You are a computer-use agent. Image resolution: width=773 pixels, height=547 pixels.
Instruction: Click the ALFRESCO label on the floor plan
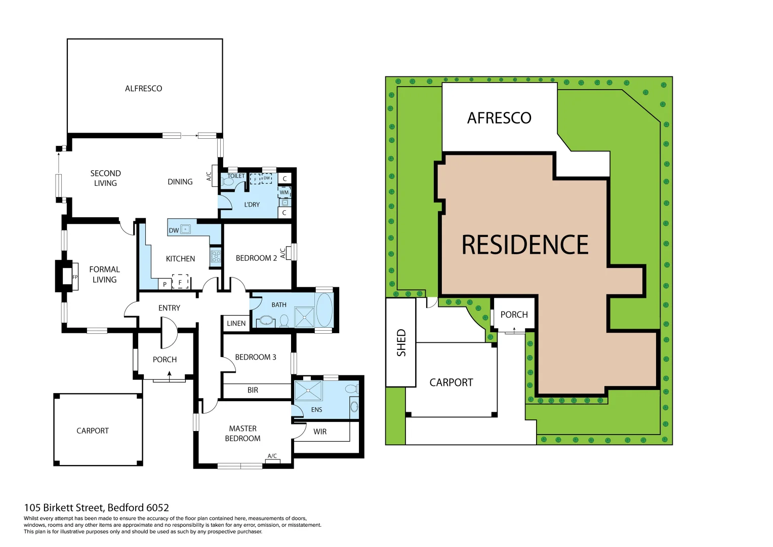(143, 89)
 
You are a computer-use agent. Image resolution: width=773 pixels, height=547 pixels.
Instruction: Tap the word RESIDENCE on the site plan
(525, 245)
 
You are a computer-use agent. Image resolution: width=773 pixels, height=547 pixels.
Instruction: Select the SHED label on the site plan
(401, 343)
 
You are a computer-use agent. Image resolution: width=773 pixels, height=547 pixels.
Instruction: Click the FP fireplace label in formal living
(75, 277)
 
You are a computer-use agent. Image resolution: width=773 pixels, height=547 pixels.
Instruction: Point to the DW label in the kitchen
(174, 230)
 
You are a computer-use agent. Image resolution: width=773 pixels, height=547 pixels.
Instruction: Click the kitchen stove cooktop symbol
(216, 256)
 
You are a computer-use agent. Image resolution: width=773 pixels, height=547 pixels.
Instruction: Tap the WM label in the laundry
(284, 192)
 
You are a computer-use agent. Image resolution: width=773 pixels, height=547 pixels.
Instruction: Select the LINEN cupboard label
(236, 324)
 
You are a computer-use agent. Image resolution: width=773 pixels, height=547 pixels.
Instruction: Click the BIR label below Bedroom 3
(253, 390)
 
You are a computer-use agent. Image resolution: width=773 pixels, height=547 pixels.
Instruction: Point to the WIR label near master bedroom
(320, 432)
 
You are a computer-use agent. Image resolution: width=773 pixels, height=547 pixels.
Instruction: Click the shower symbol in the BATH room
(304, 317)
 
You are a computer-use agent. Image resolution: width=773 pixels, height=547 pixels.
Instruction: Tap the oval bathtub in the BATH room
(324, 309)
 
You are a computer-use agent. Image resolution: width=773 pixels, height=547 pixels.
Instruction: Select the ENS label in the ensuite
(316, 410)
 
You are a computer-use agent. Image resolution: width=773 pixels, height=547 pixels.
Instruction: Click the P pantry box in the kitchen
(165, 285)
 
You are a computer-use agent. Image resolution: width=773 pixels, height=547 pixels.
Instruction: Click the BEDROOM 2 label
(256, 258)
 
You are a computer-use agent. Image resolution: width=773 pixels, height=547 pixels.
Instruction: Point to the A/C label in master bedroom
(272, 456)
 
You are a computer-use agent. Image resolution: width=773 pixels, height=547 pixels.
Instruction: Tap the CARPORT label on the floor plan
(93, 431)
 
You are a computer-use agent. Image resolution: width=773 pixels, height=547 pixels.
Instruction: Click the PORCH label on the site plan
(514, 315)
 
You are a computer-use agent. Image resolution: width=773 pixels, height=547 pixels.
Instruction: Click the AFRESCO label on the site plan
(499, 118)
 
